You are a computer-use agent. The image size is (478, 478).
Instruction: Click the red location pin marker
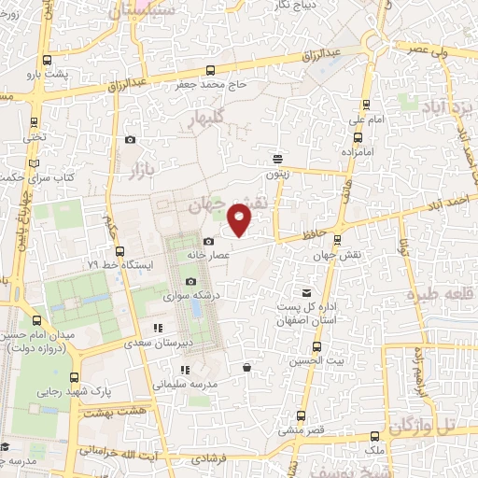pyautogui.click(x=240, y=220)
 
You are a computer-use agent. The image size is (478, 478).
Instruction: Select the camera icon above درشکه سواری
pyautogui.click(x=190, y=282)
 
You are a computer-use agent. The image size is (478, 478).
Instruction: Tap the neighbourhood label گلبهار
pyautogui.click(x=205, y=119)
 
